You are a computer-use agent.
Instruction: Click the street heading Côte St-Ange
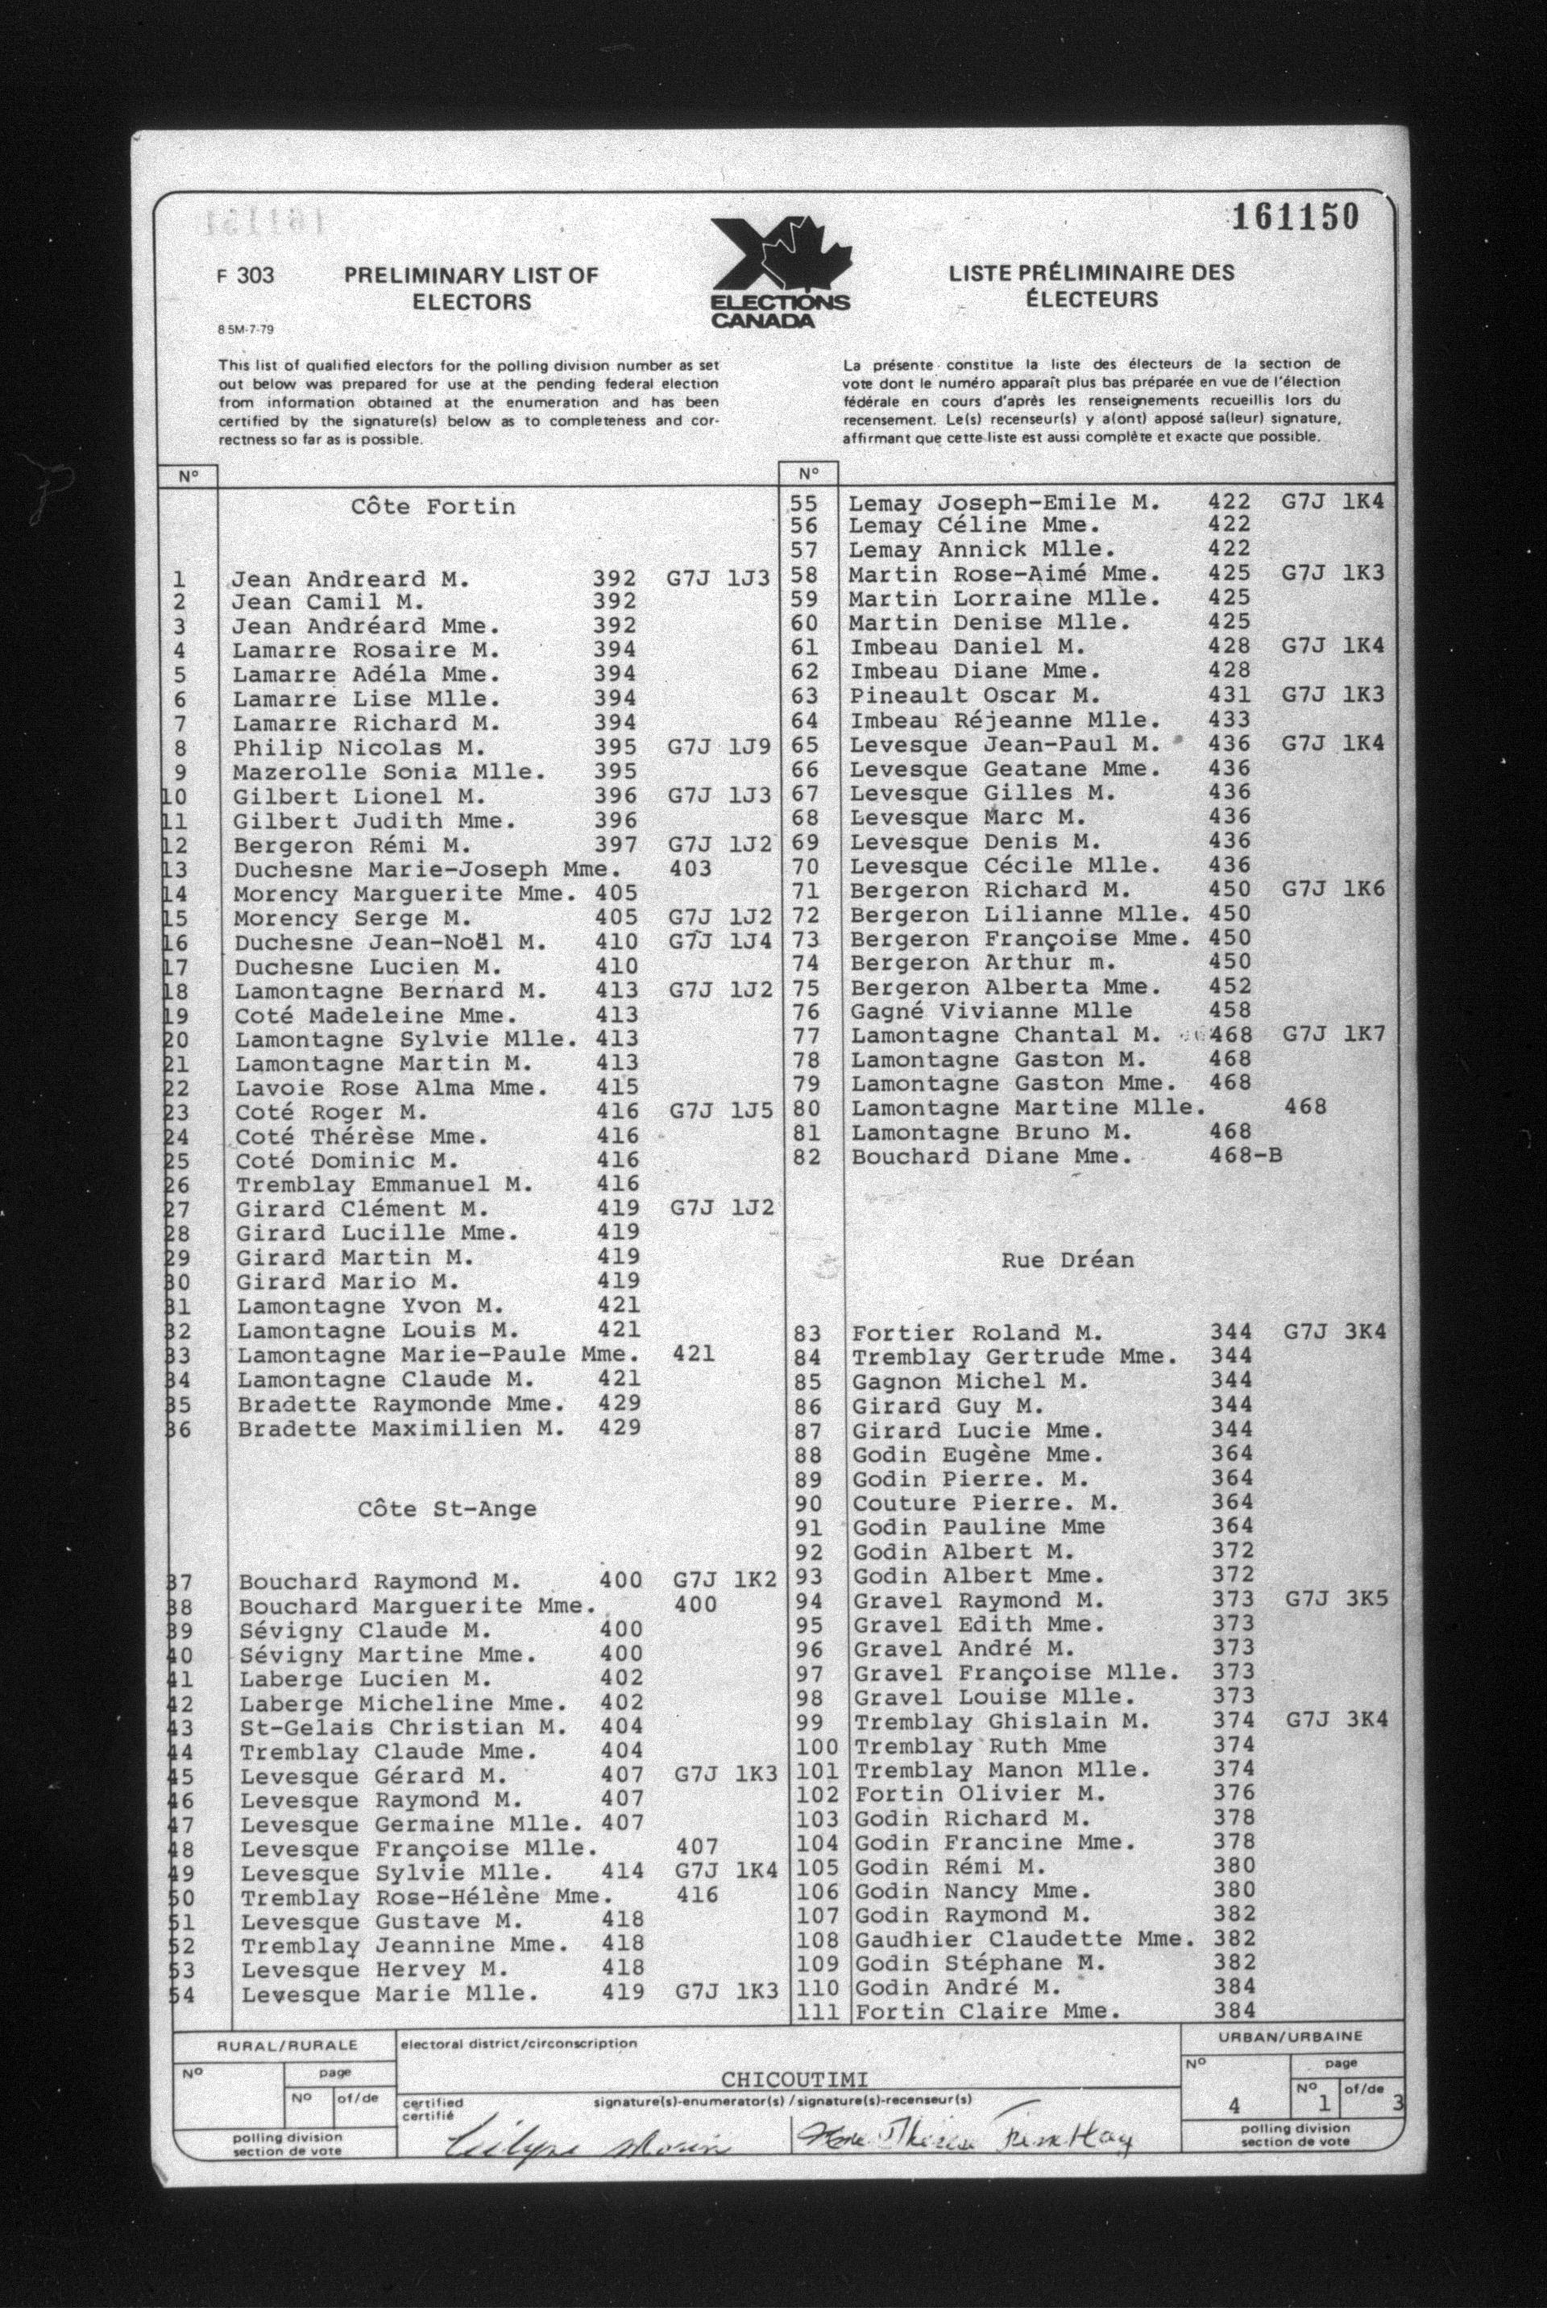tap(447, 1509)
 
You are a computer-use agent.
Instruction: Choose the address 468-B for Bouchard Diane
tap(1245, 1156)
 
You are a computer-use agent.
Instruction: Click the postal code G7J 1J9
tap(718, 748)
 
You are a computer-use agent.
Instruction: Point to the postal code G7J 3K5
tap(1337, 1599)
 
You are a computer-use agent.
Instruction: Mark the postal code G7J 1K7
tap(1334, 1034)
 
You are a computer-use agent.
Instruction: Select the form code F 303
tap(245, 276)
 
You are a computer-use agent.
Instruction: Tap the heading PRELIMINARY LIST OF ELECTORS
tap(471, 288)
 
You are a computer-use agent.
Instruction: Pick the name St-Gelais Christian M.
tap(403, 1727)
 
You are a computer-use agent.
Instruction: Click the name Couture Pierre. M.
tap(985, 1503)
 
